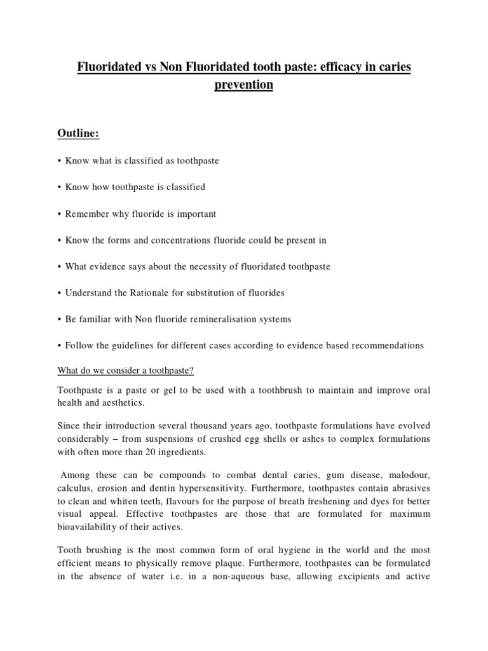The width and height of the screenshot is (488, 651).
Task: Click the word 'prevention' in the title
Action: click(244, 85)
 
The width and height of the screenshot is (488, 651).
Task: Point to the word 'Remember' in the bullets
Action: click(86, 214)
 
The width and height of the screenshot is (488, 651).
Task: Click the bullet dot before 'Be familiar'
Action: click(59, 320)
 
